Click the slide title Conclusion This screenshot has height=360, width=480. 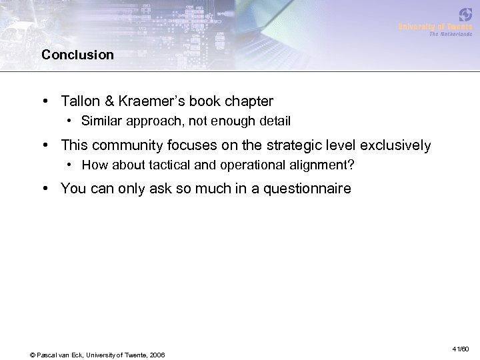(77, 55)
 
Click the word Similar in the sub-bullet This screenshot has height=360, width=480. (101, 121)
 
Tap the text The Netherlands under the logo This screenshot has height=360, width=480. (450, 33)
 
